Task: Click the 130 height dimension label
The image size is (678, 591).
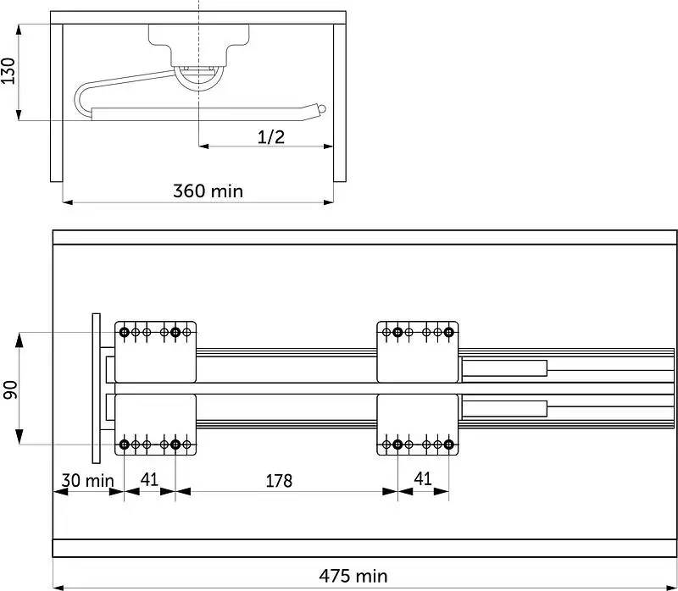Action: tap(8, 70)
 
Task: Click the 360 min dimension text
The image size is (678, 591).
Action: tap(208, 191)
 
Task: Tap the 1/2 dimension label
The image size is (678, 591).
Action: tap(271, 137)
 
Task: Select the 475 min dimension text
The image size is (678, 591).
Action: tap(353, 576)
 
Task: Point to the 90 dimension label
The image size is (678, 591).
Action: tap(10, 389)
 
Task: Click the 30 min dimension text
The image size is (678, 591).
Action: tap(88, 480)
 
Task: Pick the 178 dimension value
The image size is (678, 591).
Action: tap(279, 481)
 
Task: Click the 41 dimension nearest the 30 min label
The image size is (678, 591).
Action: tap(150, 479)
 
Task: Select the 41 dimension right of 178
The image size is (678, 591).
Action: tap(423, 478)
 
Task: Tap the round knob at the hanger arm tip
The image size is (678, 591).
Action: tap(321, 109)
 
